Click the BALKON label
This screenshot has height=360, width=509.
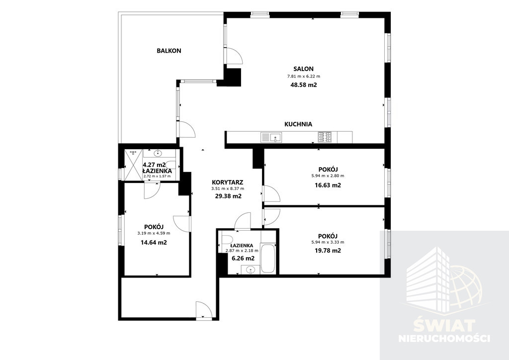169,51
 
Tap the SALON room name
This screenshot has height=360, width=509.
304,69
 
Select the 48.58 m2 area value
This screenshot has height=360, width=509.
304,85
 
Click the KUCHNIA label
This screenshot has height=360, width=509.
298,124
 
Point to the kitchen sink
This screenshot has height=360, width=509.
271,137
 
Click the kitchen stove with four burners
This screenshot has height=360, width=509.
325,137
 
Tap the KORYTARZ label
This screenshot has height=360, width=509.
228,182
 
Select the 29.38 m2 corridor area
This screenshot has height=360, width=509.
229,196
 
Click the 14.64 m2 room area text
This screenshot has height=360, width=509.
154,242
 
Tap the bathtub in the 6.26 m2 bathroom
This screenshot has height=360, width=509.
268,259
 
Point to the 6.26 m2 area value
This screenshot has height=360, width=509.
243,259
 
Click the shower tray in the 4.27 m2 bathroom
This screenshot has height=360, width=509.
133,165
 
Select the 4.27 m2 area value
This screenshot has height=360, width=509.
155,165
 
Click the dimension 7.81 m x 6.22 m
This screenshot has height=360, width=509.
304,77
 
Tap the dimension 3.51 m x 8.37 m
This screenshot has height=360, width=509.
228,188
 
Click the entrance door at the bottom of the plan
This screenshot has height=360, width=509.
204,309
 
